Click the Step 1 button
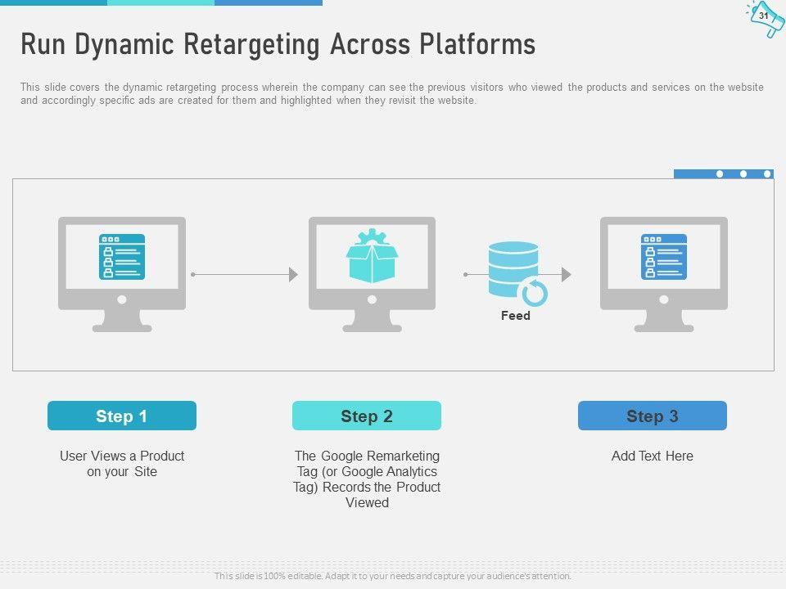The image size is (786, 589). pyautogui.click(x=122, y=416)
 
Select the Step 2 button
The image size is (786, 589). pyautogui.click(x=367, y=416)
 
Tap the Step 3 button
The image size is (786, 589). pyautogui.click(x=653, y=416)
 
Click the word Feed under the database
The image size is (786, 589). pyautogui.click(x=515, y=316)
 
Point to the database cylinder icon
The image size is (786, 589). pyautogui.click(x=514, y=269)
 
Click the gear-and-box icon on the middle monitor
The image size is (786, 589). pyautogui.click(x=372, y=255)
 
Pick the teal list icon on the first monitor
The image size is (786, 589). pyautogui.click(x=122, y=256)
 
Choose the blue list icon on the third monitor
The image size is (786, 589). pyautogui.click(x=664, y=256)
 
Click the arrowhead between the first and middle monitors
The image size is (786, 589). pyautogui.click(x=294, y=275)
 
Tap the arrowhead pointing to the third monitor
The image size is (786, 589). pyautogui.click(x=567, y=275)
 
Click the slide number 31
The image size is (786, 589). pyautogui.click(x=763, y=16)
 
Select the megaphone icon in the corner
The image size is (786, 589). pyautogui.click(x=766, y=19)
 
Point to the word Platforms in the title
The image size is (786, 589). pyautogui.click(x=477, y=44)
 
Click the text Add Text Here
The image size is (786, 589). pyautogui.click(x=653, y=456)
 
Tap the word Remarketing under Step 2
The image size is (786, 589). pyautogui.click(x=380, y=456)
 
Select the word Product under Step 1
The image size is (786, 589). pyautogui.click(x=162, y=456)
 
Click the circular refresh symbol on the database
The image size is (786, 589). pyautogui.click(x=535, y=293)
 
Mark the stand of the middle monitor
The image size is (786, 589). pyautogui.click(x=372, y=321)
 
